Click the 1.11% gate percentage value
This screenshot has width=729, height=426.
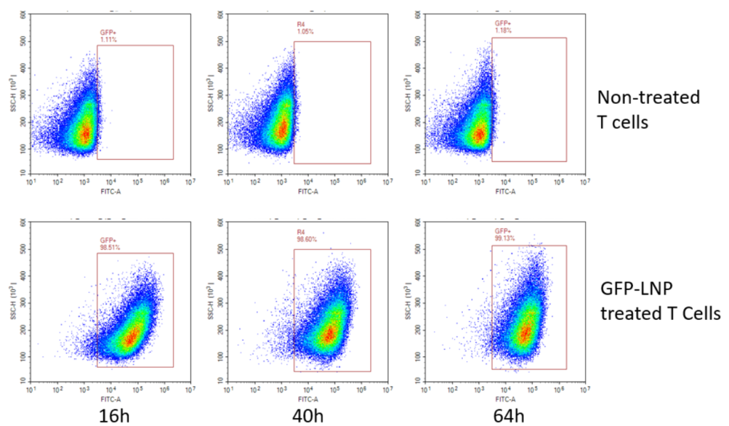107,40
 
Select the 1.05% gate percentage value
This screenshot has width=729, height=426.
304,32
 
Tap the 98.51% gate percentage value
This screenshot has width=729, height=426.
109,248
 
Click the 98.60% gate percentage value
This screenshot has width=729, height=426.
306,240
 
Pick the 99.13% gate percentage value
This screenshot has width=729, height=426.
504,239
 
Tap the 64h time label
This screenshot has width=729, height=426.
507,413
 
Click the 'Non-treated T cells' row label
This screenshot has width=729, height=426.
648,108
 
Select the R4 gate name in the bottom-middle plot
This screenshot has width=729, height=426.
300,233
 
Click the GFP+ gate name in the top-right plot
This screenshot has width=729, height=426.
502,24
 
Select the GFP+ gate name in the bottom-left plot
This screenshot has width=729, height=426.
107,241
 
